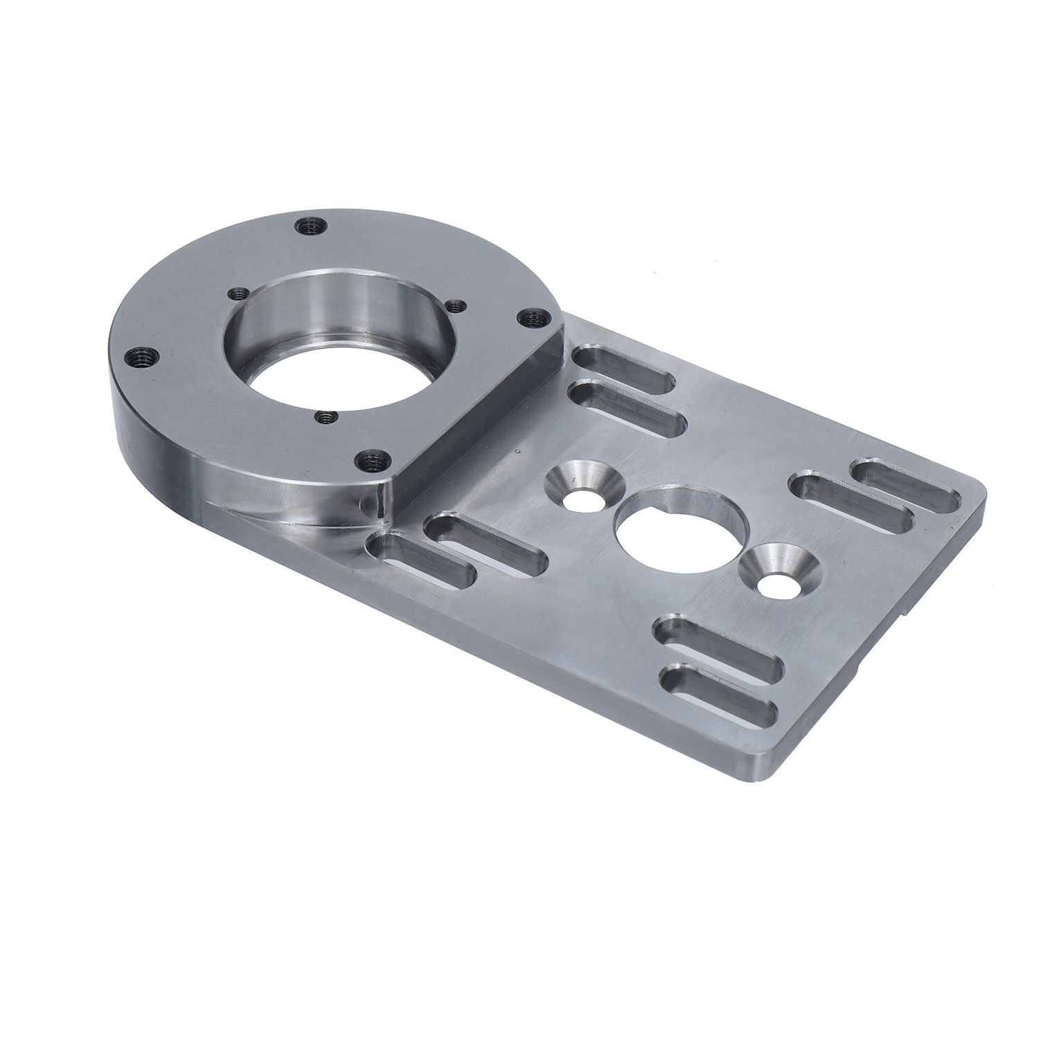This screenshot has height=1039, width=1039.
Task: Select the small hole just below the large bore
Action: pyautogui.click(x=324, y=417)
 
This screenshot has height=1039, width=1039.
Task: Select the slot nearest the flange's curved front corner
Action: pyautogui.click(x=420, y=560)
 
